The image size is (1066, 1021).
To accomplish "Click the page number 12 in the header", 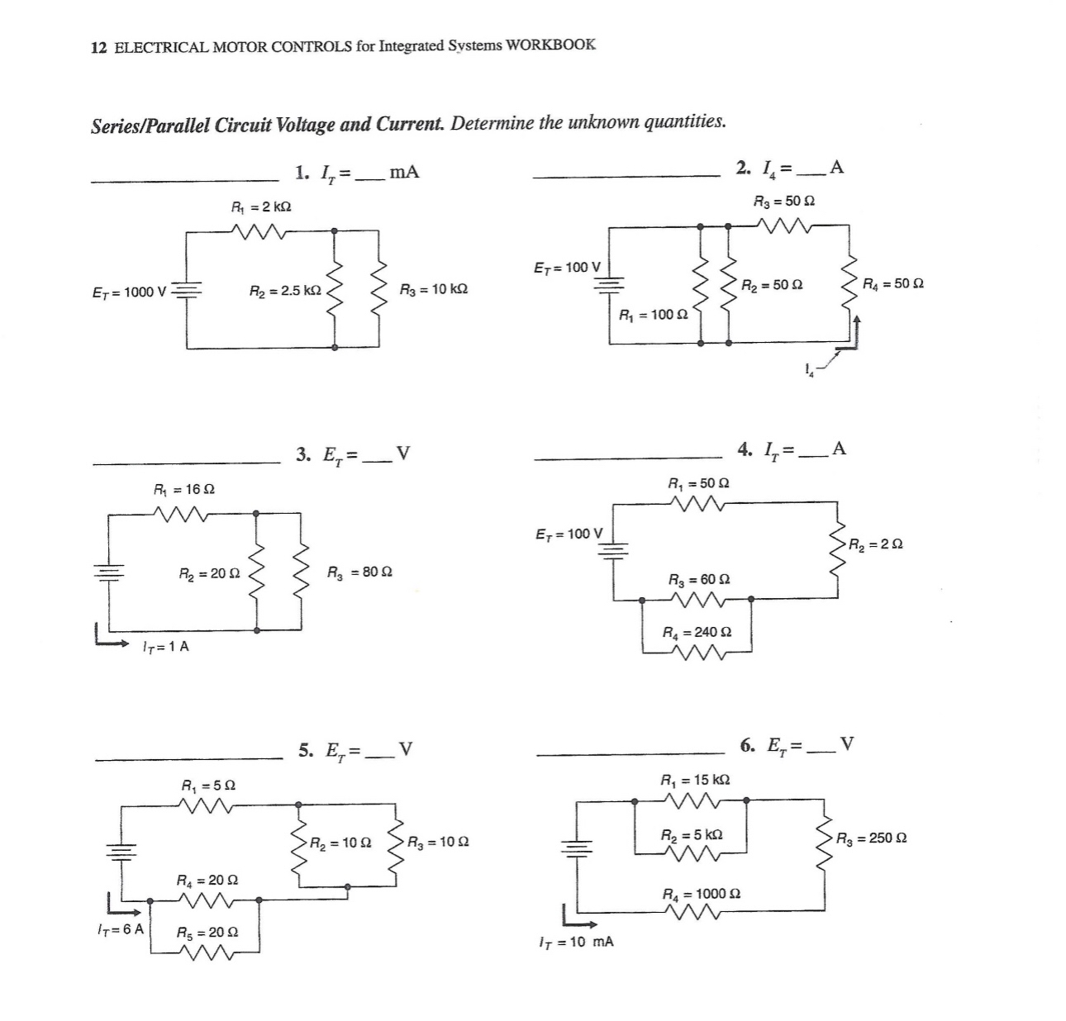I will point(98,47).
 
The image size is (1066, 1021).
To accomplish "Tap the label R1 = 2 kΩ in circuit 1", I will point(260,206).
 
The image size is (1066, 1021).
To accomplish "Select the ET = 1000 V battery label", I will point(129,292).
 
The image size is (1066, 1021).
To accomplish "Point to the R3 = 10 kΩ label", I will point(433,289).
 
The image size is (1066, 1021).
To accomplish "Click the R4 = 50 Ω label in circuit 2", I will point(892,283).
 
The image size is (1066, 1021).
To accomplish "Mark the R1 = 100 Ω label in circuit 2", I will point(653,315).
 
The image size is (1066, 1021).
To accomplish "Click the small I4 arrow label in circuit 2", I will point(811,371).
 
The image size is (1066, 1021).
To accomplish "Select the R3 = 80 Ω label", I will point(359,572).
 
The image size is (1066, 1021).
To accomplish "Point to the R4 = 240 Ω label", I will point(697,632).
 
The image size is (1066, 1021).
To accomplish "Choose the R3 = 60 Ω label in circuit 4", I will point(698,580).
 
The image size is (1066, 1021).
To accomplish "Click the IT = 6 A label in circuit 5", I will point(120,929).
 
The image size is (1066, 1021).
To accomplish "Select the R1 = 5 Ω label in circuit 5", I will point(207,785).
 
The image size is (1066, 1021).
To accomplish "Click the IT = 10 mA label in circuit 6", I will point(575,942).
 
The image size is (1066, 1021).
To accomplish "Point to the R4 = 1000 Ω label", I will point(702,894).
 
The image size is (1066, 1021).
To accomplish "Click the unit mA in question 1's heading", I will point(404,172).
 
